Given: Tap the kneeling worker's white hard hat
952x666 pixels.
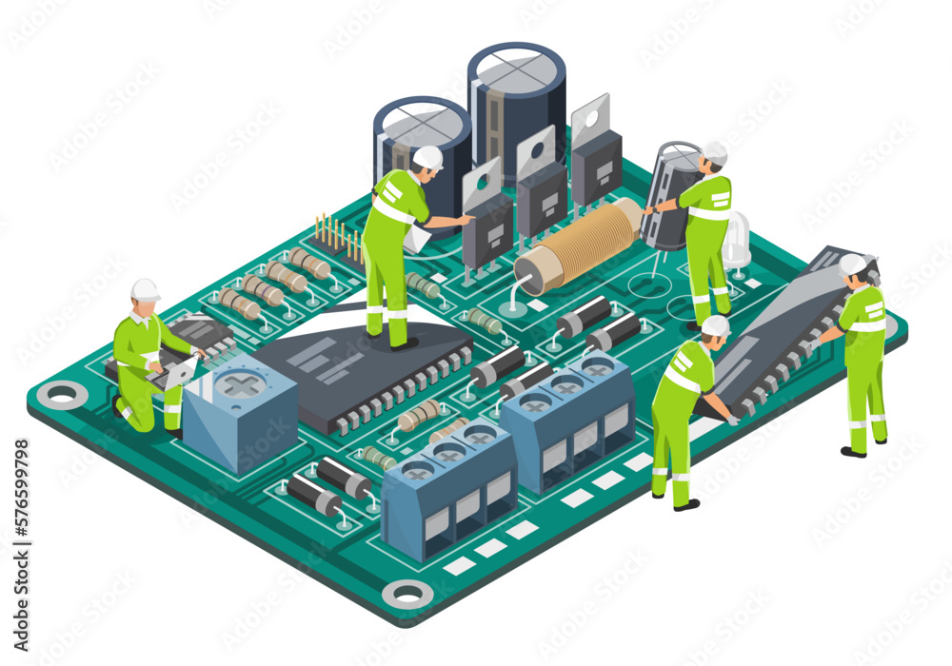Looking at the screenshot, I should point(145,289).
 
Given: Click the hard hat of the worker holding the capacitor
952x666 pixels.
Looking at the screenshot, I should point(714,152).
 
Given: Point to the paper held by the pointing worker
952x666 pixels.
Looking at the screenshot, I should point(415,239).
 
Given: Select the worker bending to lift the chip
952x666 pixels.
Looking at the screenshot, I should point(684,409).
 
